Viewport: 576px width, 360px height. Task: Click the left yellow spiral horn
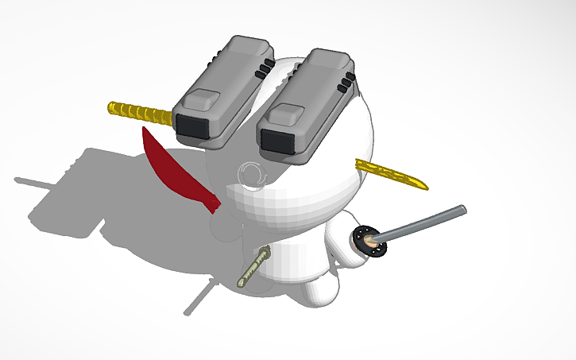click(139, 111)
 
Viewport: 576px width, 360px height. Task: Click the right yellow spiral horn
click(391, 174)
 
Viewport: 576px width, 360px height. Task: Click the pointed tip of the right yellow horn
click(425, 188)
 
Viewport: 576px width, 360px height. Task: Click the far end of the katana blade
click(462, 209)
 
